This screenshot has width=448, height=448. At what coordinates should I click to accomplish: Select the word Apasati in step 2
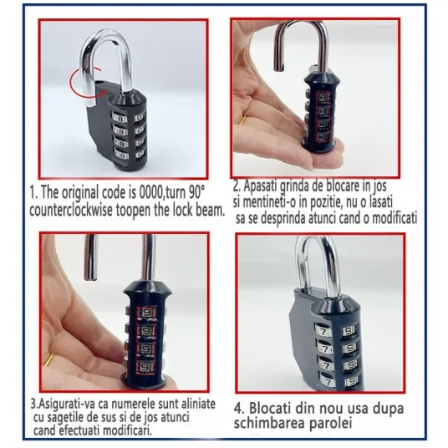coord(259,186)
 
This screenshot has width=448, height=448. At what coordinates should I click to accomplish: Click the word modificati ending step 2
coord(394,218)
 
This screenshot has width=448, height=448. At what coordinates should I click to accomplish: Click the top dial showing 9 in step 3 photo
coord(146,313)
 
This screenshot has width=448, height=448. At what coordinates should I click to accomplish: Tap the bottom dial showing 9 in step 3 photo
coord(146,368)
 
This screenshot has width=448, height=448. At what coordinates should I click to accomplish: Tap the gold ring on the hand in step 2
coord(243,120)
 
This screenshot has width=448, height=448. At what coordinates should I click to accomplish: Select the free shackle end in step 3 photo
coord(89,277)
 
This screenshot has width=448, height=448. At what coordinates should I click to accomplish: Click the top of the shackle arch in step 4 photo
coord(315,239)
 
